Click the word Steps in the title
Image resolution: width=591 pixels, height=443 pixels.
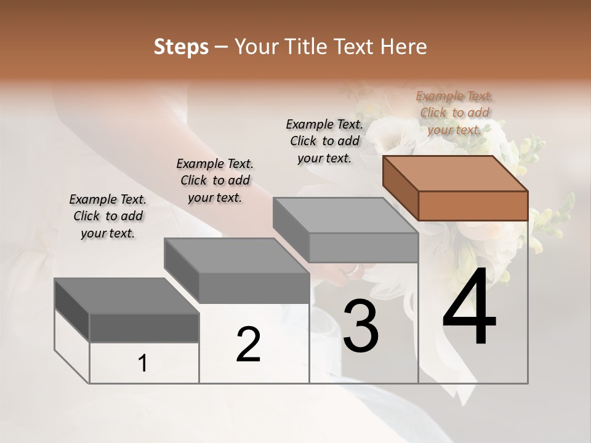[x=181, y=47]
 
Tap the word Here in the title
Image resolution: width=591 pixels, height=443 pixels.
[x=404, y=47]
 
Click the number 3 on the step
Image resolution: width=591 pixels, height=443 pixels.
[x=361, y=326]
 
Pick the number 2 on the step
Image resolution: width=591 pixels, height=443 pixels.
[x=249, y=345]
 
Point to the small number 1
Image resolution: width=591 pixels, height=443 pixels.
[x=143, y=364]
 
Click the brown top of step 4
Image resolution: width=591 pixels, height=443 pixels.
[x=455, y=173]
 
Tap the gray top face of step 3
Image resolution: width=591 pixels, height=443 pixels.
[x=345, y=215]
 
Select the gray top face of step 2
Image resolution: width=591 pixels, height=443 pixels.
[x=236, y=255]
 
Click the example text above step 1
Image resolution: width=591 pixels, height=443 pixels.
[x=108, y=216]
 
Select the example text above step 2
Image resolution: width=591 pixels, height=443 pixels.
[x=215, y=180]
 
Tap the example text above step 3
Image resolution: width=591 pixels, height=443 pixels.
[x=324, y=141]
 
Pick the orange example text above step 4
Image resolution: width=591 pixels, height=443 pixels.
[x=454, y=113]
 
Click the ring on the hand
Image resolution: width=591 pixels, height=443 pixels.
[x=353, y=269]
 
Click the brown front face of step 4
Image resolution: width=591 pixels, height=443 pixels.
[x=473, y=206]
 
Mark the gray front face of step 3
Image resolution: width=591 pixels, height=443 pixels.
[x=363, y=247]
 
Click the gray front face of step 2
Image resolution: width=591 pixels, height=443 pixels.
[x=254, y=288]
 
